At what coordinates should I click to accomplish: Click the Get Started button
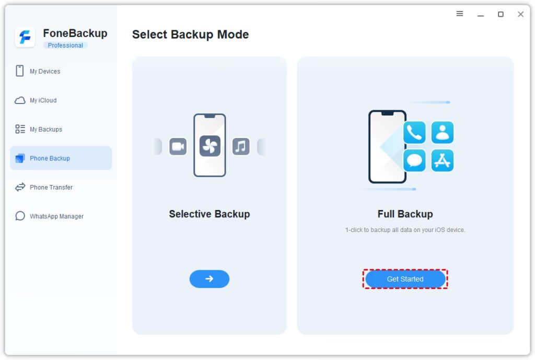tap(405, 279)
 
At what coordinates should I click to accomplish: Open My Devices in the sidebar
tap(45, 71)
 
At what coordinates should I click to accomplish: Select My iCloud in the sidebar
tap(43, 100)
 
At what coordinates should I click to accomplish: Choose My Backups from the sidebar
tap(46, 130)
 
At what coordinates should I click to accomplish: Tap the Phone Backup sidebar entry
tap(50, 158)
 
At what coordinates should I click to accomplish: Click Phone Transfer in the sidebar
tap(51, 187)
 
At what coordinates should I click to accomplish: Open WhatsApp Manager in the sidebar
tap(56, 216)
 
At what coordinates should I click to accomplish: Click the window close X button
tap(520, 14)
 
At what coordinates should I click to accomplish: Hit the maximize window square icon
tap(501, 14)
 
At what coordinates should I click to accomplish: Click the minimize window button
tap(481, 14)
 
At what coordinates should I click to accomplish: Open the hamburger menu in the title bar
tap(460, 14)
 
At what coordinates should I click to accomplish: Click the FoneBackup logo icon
tap(25, 38)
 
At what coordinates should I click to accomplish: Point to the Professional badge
tap(65, 45)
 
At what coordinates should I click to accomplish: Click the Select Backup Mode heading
tap(190, 34)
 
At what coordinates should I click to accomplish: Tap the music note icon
tap(240, 146)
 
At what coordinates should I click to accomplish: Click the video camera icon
tap(178, 146)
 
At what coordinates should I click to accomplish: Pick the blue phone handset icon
tap(414, 133)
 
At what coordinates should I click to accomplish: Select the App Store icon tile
tap(443, 160)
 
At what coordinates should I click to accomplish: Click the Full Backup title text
tap(405, 214)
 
